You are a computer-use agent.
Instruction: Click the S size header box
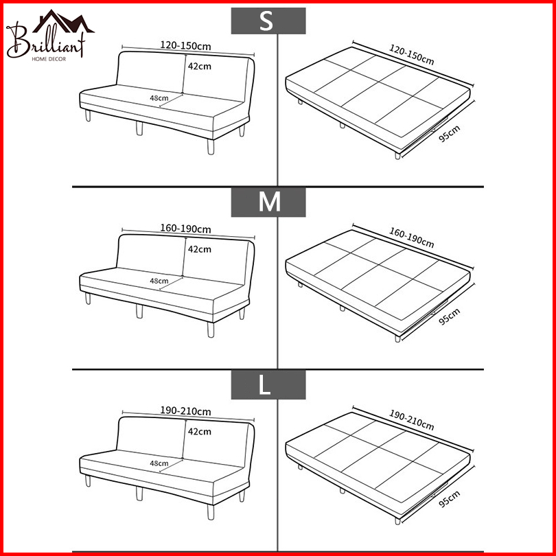pyautogui.click(x=268, y=21)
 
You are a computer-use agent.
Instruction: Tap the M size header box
pyautogui.click(x=268, y=202)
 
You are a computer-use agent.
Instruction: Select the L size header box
pyautogui.click(x=268, y=384)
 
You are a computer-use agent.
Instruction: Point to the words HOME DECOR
pyautogui.click(x=49, y=59)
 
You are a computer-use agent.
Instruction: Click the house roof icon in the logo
pyautogui.click(x=64, y=21)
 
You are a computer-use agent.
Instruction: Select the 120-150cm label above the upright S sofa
pyautogui.click(x=185, y=46)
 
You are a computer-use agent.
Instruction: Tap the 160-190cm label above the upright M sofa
pyautogui.click(x=185, y=229)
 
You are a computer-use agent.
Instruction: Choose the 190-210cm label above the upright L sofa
pyautogui.click(x=185, y=411)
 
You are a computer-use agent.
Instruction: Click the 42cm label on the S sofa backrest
pyautogui.click(x=200, y=67)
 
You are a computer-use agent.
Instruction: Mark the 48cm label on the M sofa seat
pyautogui.click(x=159, y=281)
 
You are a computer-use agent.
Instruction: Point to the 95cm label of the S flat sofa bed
pyautogui.click(x=450, y=134)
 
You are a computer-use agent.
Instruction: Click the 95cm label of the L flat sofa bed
pyautogui.click(x=450, y=499)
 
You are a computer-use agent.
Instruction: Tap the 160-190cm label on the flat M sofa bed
pyautogui.click(x=412, y=238)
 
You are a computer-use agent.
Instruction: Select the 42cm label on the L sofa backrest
pyautogui.click(x=200, y=432)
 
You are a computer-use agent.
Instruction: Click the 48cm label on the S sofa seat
pyautogui.click(x=159, y=98)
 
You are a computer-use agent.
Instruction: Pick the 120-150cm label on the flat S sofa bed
pyautogui.click(x=412, y=55)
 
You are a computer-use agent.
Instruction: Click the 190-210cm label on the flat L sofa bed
pyautogui.click(x=412, y=420)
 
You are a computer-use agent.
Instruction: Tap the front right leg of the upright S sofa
pyautogui.click(x=211, y=147)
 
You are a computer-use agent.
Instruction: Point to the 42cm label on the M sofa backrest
pyautogui.click(x=200, y=249)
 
